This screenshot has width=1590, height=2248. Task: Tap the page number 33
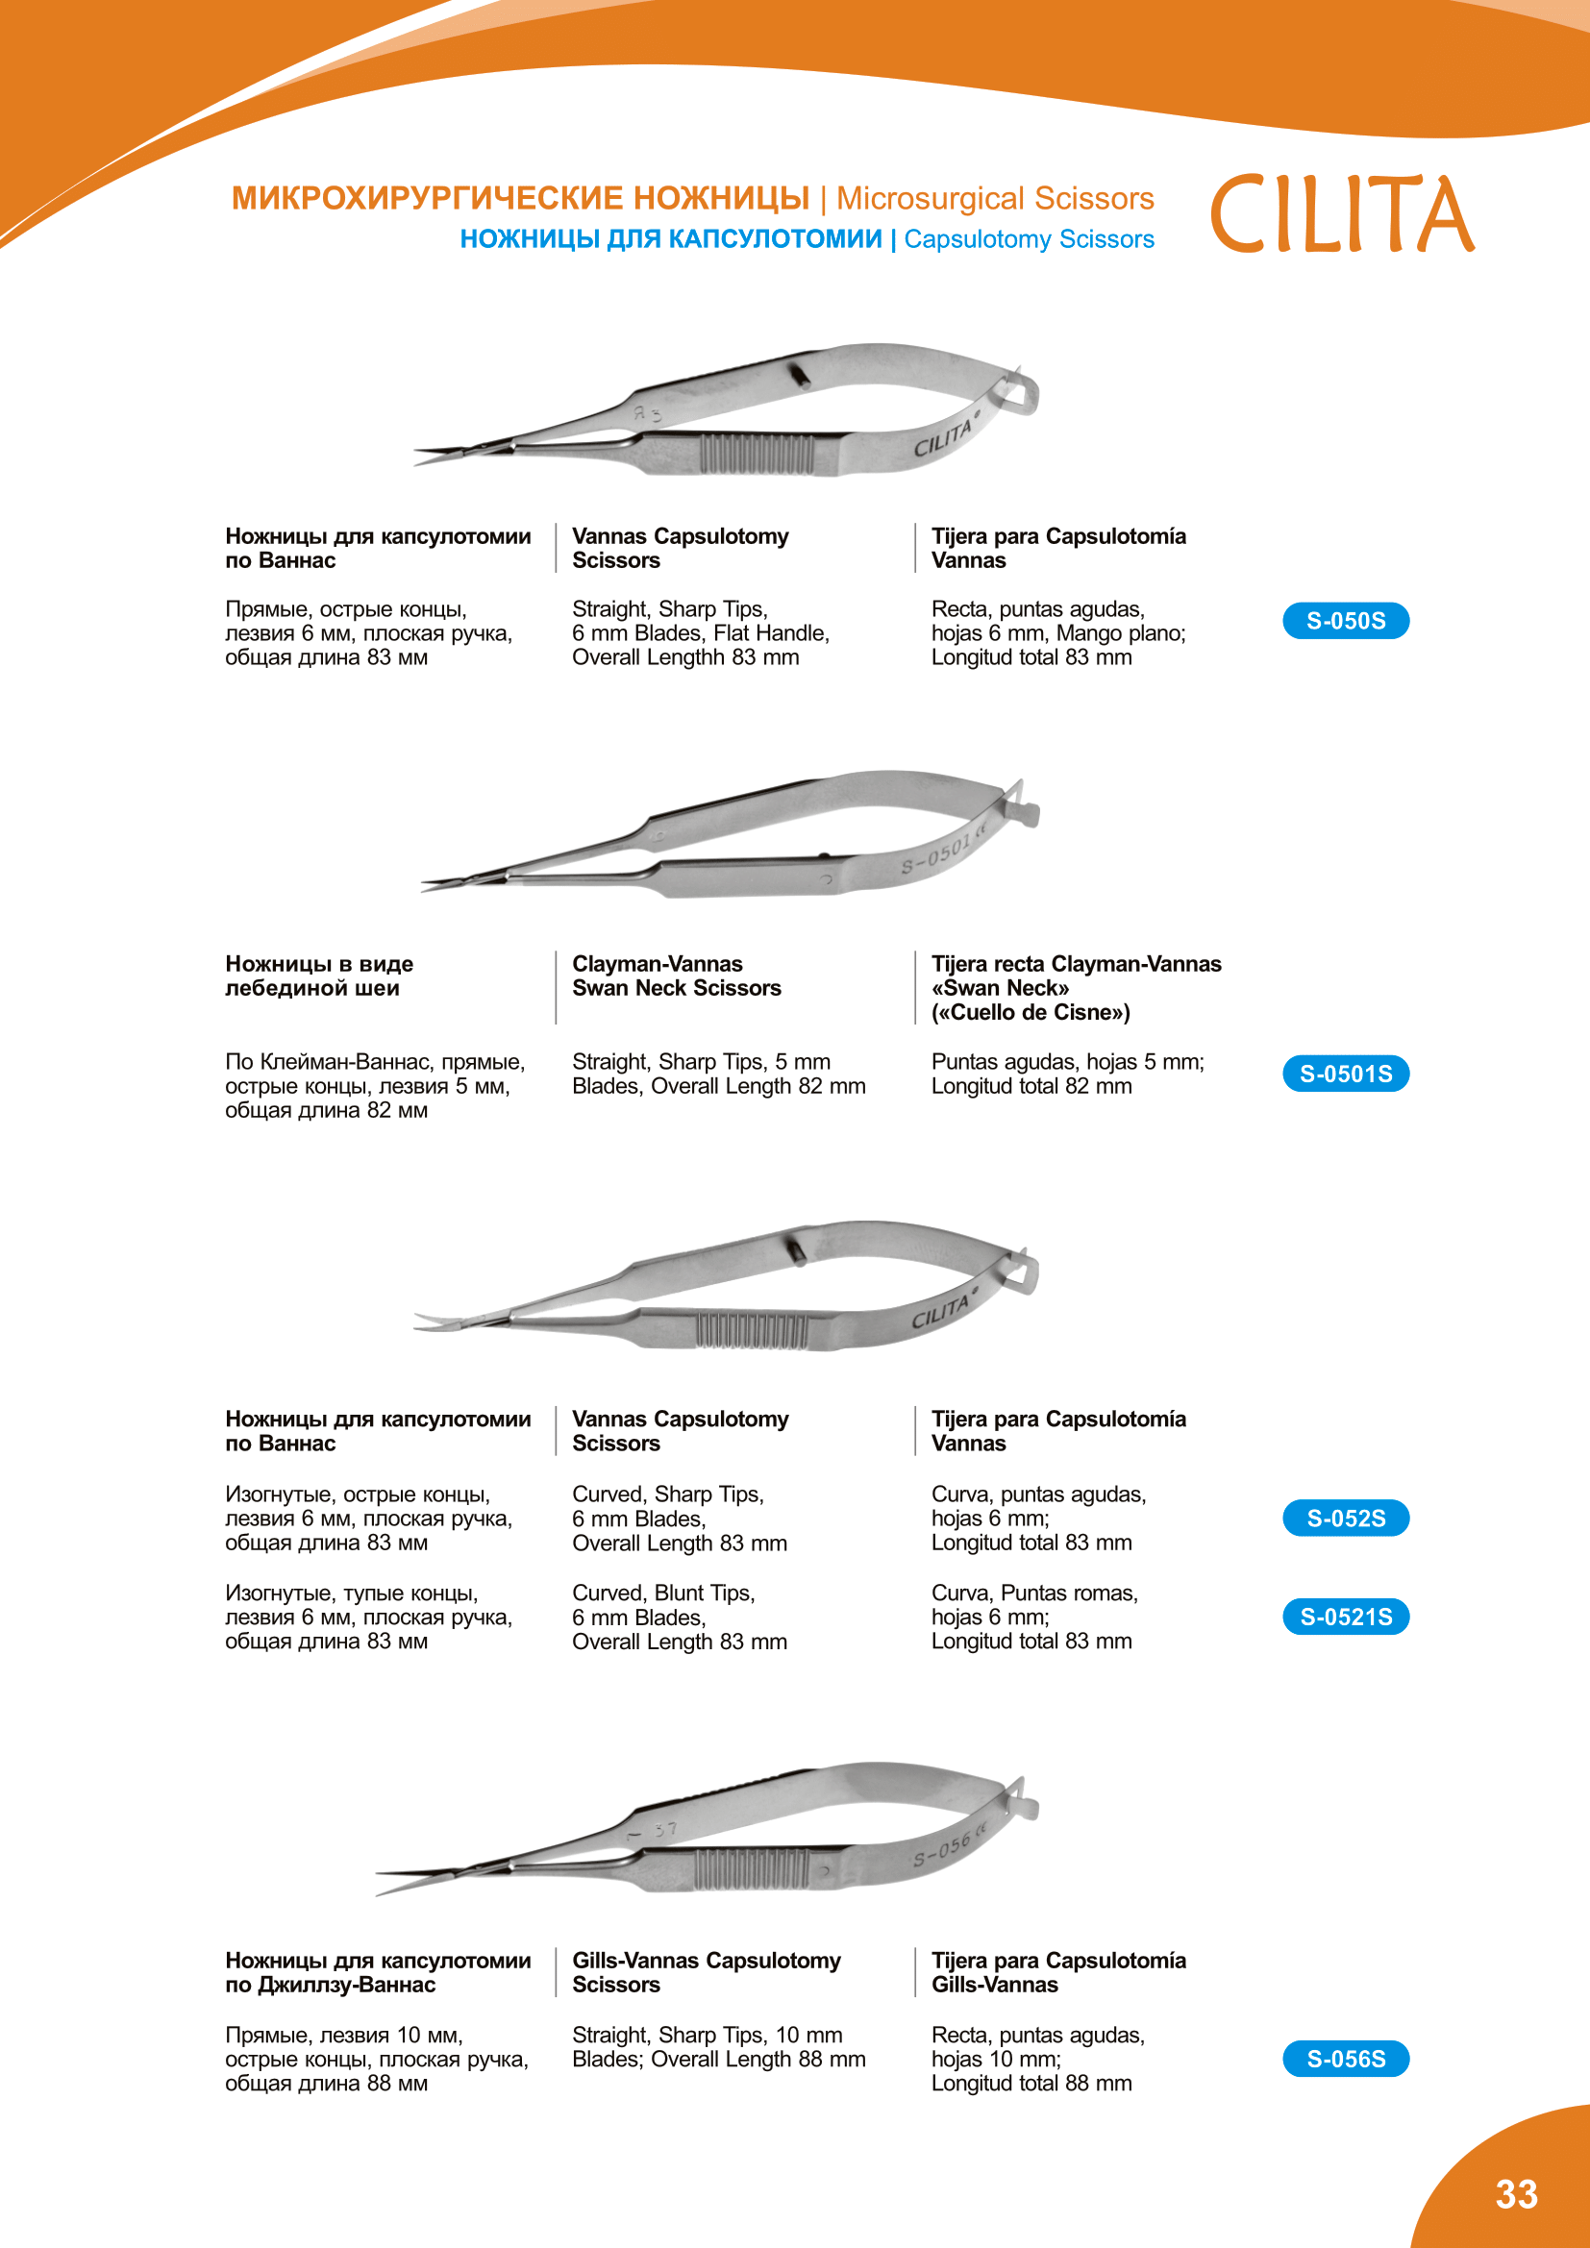point(1517,2194)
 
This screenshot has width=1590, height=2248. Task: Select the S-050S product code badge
point(1345,621)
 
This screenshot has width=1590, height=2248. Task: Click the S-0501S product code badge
point(1345,1075)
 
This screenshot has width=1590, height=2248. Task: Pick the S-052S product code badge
point(1345,1518)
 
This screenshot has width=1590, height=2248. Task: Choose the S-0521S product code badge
point(1345,1617)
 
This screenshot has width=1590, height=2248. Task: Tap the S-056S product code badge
point(1345,2058)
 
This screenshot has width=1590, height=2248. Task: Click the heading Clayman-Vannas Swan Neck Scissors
point(677,976)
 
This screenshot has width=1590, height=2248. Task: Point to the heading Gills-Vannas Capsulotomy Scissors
point(706,1972)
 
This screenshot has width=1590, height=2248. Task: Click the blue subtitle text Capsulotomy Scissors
point(1028,240)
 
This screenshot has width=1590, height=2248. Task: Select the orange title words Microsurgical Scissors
point(995,199)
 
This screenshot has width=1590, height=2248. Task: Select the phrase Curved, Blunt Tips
point(663,1593)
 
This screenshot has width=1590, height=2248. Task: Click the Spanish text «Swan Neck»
point(1000,988)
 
